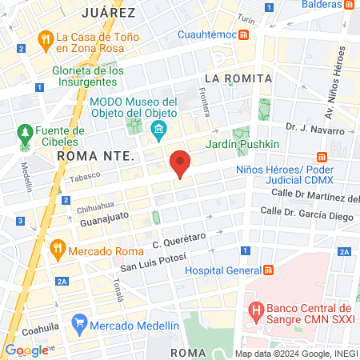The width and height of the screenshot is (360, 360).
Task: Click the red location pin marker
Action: [x=181, y=163]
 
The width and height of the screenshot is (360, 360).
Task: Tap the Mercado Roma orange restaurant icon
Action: [x=57, y=249]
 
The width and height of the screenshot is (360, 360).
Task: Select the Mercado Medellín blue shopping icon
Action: [x=78, y=325]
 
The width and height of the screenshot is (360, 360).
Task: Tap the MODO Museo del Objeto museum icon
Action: [x=158, y=129]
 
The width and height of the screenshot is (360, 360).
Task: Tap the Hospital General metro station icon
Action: [x=270, y=270]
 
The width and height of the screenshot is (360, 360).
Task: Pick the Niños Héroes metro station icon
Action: [x=323, y=156]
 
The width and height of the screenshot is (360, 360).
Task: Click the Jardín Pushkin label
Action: [x=237, y=144]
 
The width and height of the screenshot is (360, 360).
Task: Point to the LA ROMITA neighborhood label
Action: [x=238, y=78]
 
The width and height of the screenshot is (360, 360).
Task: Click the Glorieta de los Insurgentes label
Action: [x=88, y=77]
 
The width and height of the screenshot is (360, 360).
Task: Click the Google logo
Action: [x=26, y=350]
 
